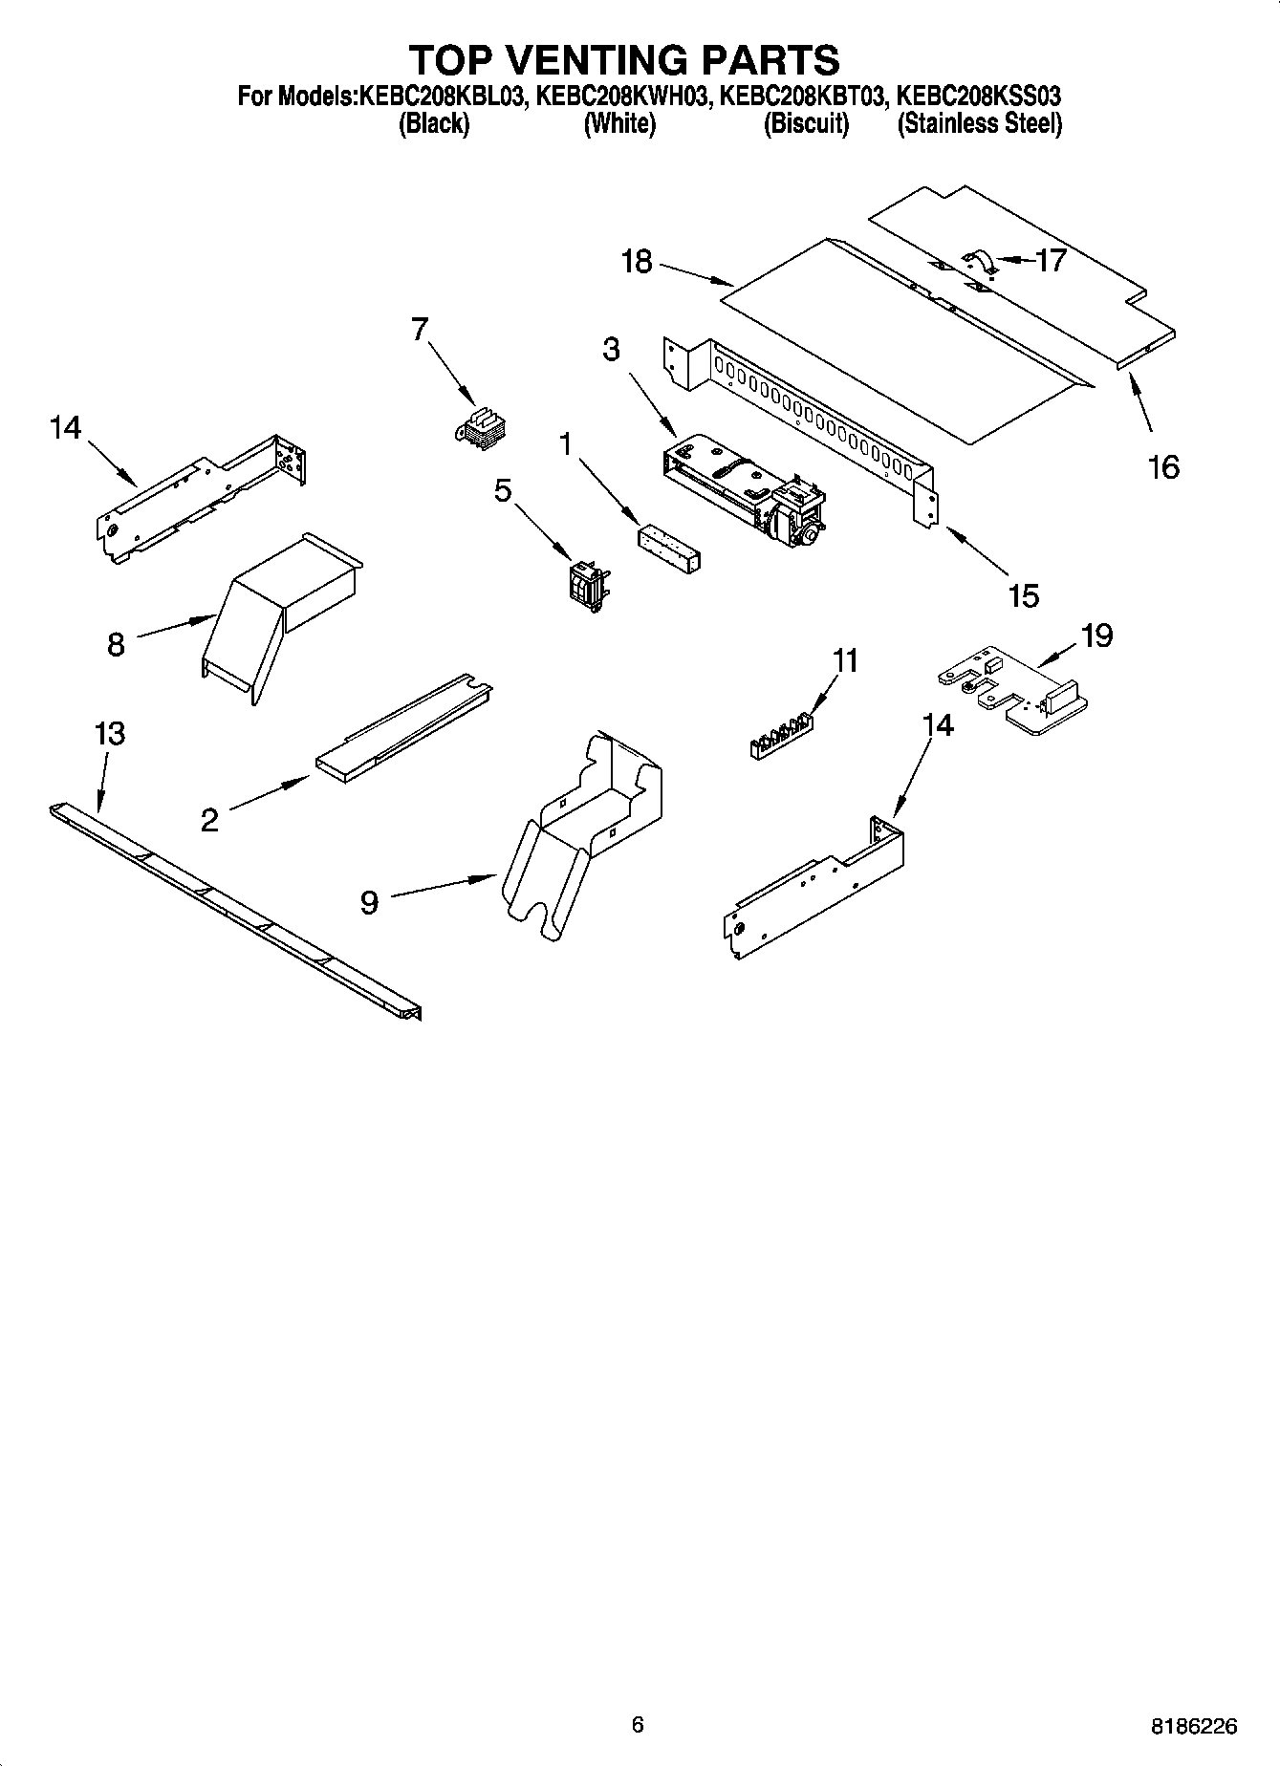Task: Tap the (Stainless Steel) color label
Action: (x=979, y=124)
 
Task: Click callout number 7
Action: (x=419, y=330)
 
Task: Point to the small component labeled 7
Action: (x=481, y=427)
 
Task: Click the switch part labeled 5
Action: (x=587, y=582)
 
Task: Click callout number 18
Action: (x=636, y=261)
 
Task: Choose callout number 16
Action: (x=1163, y=467)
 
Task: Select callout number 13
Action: (x=109, y=734)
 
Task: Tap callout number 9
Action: (x=369, y=901)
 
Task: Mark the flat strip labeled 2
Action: (x=401, y=730)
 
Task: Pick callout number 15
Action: (x=1023, y=595)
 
